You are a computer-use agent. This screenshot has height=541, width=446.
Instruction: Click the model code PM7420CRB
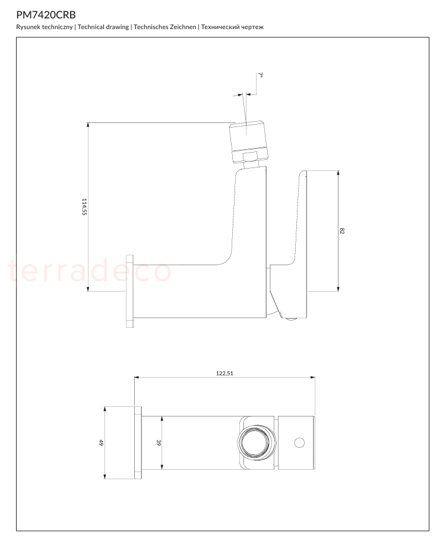pyautogui.click(x=46, y=15)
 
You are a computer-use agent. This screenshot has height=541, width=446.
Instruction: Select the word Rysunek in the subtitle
pyautogui.click(x=29, y=27)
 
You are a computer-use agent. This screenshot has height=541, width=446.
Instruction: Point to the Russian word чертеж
pyautogui.click(x=252, y=27)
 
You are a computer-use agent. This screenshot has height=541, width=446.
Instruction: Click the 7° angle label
pyautogui.click(x=261, y=75)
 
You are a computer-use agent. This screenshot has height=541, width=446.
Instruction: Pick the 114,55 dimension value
pyautogui.click(x=84, y=207)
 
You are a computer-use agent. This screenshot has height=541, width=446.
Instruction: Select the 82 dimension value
pyautogui.click(x=342, y=231)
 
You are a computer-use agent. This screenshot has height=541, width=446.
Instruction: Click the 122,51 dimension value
pyautogui.click(x=224, y=374)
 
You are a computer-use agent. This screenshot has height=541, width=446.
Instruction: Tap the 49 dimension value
pyautogui.click(x=101, y=442)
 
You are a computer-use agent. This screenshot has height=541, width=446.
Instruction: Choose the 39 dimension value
pyautogui.click(x=159, y=442)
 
